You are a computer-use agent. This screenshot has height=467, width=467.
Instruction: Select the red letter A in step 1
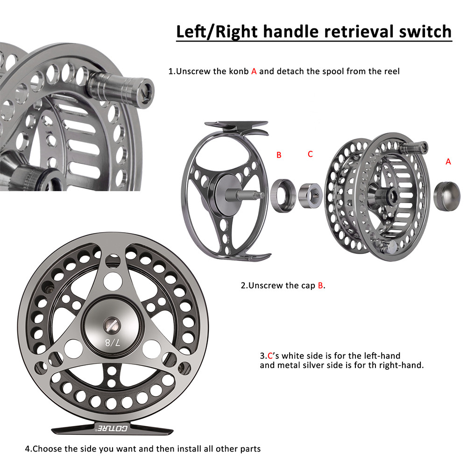click(254, 71)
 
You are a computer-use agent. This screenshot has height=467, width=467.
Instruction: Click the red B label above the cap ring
click(279, 155)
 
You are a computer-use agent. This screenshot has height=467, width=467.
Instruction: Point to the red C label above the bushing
click(310, 154)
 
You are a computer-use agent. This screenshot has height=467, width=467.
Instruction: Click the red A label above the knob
click(448, 161)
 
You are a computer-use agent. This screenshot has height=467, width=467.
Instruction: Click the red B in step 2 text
click(320, 285)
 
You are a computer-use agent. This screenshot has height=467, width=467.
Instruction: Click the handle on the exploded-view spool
click(415, 148)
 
